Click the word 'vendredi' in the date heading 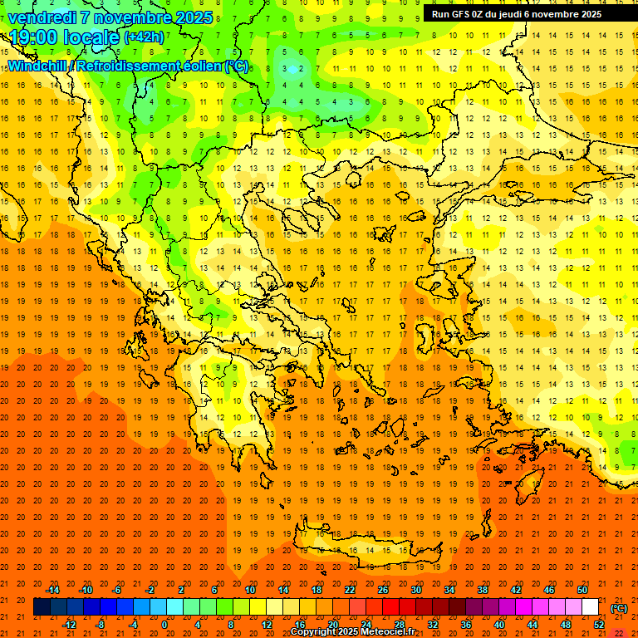point(40,17)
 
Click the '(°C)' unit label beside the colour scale point(619,608)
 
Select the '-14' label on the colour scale point(52,590)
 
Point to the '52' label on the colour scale point(598,625)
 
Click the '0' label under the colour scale point(164,625)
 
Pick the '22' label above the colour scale point(350,590)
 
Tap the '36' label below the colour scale point(466,625)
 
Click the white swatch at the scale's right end point(590,607)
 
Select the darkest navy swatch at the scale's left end point(42,607)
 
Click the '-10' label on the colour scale point(86,590)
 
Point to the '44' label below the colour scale point(532,625)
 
